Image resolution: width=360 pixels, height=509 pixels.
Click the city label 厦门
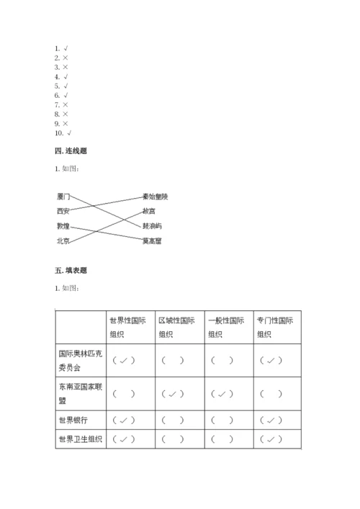coord(63,197)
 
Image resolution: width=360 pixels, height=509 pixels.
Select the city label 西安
coord(63,212)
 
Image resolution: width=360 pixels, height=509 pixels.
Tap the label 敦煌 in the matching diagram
coord(63,226)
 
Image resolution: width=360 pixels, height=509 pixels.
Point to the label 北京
coord(63,241)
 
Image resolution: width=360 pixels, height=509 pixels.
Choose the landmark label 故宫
coord(148,211)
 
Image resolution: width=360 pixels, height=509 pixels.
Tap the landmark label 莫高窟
coord(152,240)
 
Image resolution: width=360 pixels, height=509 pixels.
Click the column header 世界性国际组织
coord(127,327)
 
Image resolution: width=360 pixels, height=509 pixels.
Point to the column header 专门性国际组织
coord(276,327)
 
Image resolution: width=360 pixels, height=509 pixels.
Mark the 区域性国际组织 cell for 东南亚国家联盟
coord(173,394)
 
